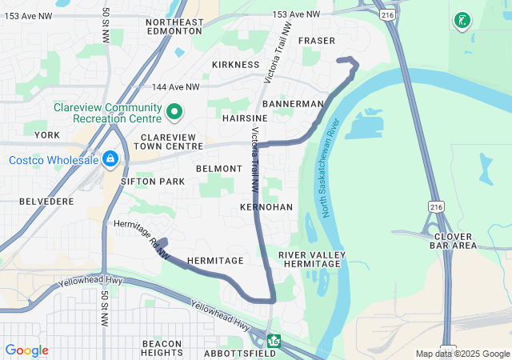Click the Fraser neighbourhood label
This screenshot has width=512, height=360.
point(316,41)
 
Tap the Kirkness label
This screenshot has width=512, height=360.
point(235,65)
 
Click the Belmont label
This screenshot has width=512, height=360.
point(218,169)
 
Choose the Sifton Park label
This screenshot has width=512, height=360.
point(153,182)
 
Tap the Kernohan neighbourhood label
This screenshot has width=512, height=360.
point(266,207)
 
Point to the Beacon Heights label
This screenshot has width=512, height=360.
point(162,347)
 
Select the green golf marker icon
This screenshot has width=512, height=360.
point(462,21)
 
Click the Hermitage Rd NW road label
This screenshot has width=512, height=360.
point(142,238)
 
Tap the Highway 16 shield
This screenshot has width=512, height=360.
point(274,342)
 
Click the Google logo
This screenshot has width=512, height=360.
point(26,350)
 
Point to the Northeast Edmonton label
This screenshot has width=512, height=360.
point(174,26)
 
